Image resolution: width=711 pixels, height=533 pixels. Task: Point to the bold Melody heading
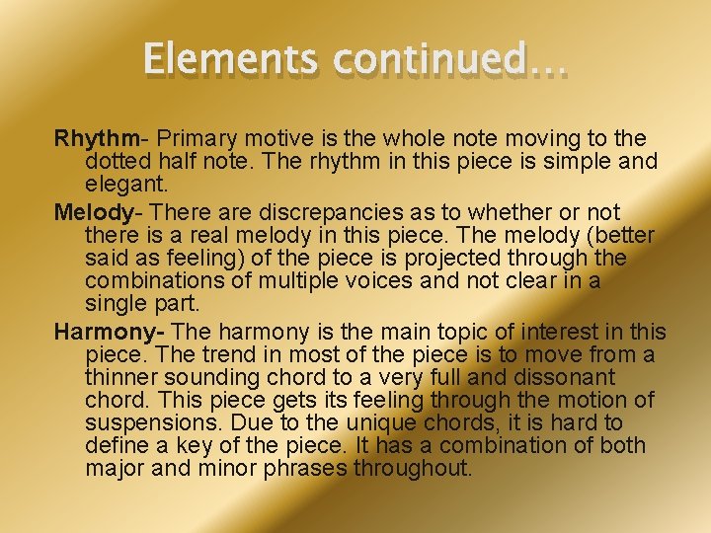93,212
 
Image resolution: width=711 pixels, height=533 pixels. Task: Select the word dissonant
566,377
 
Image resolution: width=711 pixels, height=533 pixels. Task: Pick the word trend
219,355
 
